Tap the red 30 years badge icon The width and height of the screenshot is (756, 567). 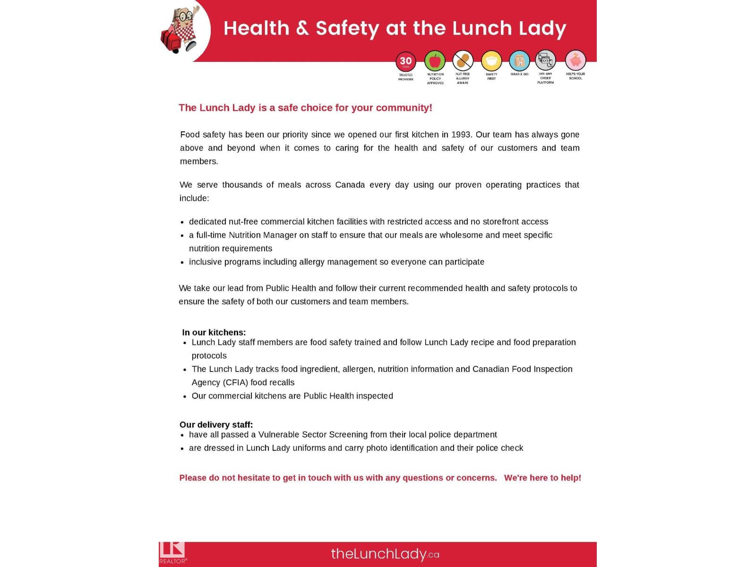point(406,61)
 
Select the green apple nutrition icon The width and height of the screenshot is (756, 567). point(435,61)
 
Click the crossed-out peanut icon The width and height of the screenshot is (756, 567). point(463,61)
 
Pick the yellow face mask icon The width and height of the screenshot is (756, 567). point(491,61)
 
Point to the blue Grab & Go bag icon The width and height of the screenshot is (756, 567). point(519,61)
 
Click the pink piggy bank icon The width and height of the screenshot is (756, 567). point(575,60)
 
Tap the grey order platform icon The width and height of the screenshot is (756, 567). point(545,60)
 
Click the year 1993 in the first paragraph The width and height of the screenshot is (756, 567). point(461,135)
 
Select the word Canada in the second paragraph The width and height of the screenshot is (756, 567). point(350,185)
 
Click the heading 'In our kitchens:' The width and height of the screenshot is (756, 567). point(214,332)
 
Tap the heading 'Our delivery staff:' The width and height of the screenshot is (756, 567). point(216,424)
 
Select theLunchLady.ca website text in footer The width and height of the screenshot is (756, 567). point(385,554)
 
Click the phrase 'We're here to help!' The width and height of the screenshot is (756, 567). point(542,478)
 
